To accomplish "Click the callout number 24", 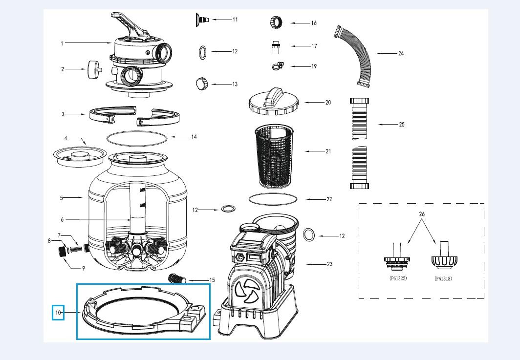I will [401, 53].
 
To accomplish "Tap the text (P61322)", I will [396, 278].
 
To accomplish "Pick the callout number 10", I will [58, 312].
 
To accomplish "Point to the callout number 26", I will [422, 214].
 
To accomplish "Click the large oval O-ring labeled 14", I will [136, 138].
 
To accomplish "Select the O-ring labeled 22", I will [273, 199].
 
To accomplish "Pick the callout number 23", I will [329, 264].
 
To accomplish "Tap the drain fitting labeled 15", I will [176, 279].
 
